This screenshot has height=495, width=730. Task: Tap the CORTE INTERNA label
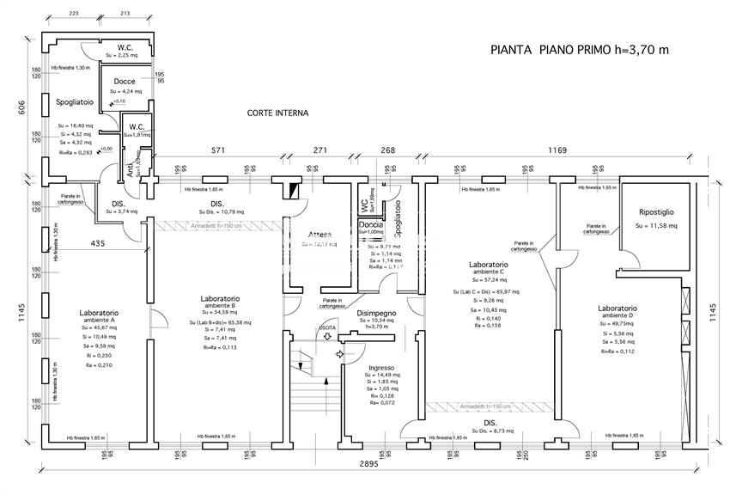pos(277,113)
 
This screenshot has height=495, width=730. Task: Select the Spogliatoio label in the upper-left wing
pos(75,102)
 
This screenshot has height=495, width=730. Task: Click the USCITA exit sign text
pos(327,328)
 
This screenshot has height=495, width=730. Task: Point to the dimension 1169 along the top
pos(558,150)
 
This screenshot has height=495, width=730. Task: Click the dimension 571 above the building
pos(218,150)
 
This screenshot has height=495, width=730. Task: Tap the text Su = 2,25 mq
pos(123,55)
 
